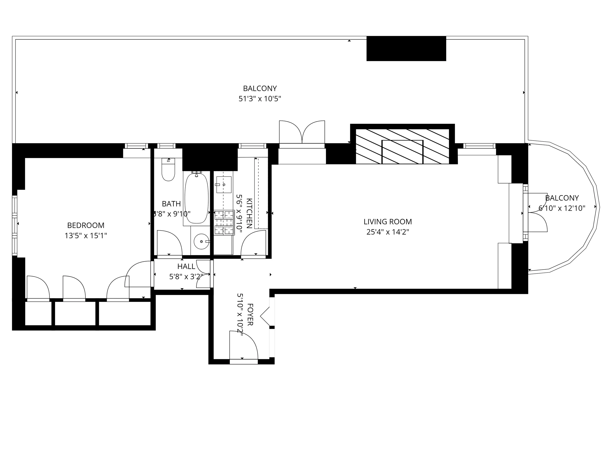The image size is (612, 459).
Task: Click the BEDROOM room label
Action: point(86,225)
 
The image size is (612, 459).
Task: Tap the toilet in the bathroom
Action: point(168,170)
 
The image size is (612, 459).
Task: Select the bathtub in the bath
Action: point(196,198)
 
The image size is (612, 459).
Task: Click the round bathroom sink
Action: point(201,241)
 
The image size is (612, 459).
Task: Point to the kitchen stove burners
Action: point(224,222)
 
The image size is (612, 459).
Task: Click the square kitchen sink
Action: point(224,185)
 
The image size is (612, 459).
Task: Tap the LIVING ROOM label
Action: point(387,222)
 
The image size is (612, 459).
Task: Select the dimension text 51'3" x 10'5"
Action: point(260,99)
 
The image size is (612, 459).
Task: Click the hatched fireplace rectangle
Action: point(402,146)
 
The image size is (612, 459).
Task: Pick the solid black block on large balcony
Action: point(406,48)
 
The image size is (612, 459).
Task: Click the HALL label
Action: point(186,266)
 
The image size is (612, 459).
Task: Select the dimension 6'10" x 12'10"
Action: point(562,208)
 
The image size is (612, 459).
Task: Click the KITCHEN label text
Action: point(249,213)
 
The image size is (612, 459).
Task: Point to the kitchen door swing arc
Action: point(253,243)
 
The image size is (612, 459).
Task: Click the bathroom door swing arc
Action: point(169,243)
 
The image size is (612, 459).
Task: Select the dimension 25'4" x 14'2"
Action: point(387,232)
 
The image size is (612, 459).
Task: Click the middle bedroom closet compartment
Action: point(75,313)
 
